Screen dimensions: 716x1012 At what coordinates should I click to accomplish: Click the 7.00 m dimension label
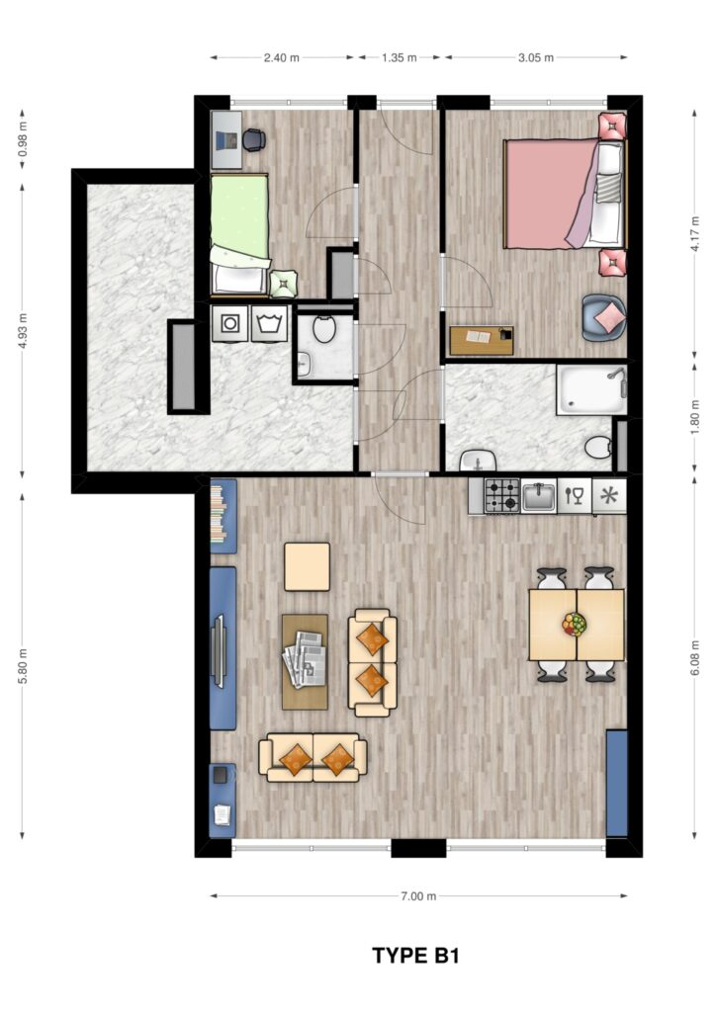tap(418, 895)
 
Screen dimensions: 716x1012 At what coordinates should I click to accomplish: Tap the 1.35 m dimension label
tap(399, 57)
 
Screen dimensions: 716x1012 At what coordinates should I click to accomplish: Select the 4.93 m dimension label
tap(24, 331)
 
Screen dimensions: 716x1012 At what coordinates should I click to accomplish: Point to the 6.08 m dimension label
tap(694, 658)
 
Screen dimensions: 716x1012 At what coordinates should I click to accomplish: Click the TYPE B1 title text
tap(415, 956)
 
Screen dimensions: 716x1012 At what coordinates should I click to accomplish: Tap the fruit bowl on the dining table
tap(574, 625)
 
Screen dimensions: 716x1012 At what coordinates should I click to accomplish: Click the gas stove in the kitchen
tap(502, 496)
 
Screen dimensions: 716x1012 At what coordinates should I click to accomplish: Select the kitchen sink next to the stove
tap(538, 496)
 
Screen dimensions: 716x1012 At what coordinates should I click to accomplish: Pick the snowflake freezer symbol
tap(609, 496)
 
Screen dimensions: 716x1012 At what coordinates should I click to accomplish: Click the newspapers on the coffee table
tap(305, 658)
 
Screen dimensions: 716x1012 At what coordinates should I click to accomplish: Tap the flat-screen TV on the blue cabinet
tap(220, 652)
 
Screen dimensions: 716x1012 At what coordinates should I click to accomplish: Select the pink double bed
tap(566, 194)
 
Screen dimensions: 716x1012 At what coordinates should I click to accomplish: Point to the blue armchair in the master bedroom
tap(603, 317)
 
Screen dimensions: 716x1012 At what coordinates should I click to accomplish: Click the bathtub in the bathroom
tap(592, 390)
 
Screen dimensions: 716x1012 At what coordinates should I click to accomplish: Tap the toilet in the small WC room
tap(324, 328)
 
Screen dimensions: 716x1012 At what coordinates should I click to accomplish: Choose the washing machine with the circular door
tap(229, 323)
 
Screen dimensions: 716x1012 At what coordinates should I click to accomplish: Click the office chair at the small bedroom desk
tap(253, 139)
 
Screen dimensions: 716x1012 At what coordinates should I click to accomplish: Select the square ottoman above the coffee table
tap(308, 566)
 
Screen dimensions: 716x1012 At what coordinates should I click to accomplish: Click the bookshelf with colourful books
tap(224, 516)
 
